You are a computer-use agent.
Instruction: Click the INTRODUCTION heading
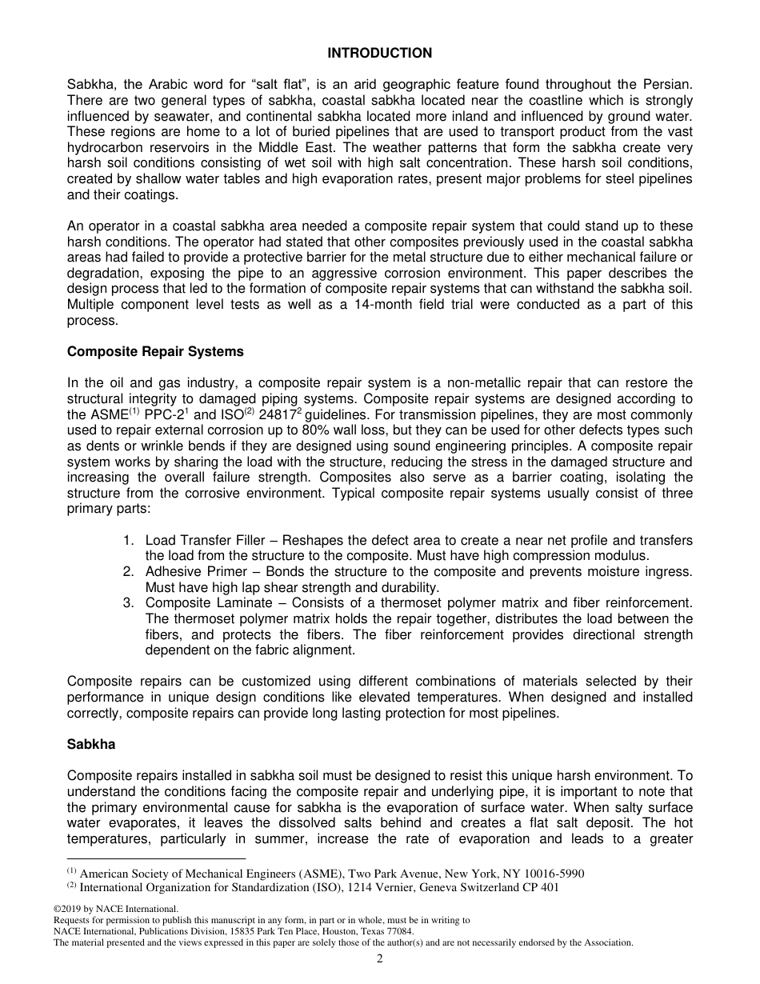[379, 53]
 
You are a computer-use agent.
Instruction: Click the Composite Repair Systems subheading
[155, 351]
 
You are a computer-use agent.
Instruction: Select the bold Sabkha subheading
[91, 744]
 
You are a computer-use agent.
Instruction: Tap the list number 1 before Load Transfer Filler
[128, 540]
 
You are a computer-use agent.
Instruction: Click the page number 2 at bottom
[380, 959]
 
